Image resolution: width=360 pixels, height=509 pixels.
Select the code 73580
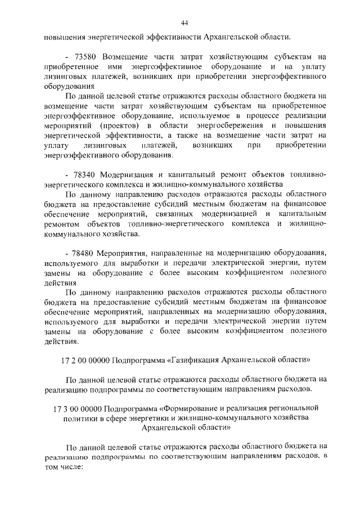click(86, 57)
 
